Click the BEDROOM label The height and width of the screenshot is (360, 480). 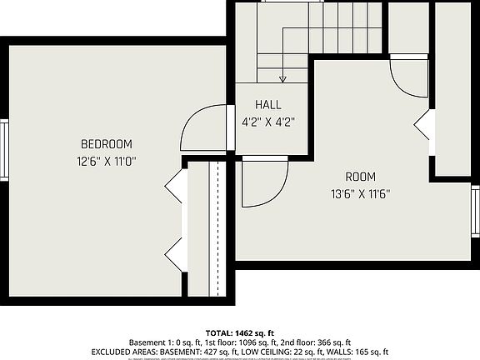pyautogui.click(x=106, y=143)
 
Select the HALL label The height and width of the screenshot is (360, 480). pyautogui.click(x=268, y=105)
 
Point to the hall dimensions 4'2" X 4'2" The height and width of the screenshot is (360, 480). pyautogui.click(x=268, y=121)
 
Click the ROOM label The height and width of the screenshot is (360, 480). pyautogui.click(x=360, y=177)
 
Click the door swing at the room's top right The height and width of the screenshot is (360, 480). pyautogui.click(x=408, y=79)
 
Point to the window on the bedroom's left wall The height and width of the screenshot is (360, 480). pyautogui.click(x=4, y=150)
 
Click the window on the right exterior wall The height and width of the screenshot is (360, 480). pyautogui.click(x=475, y=212)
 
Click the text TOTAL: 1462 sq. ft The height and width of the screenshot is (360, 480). pyautogui.click(x=240, y=332)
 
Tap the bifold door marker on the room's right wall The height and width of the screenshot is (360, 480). pyautogui.click(x=422, y=125)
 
